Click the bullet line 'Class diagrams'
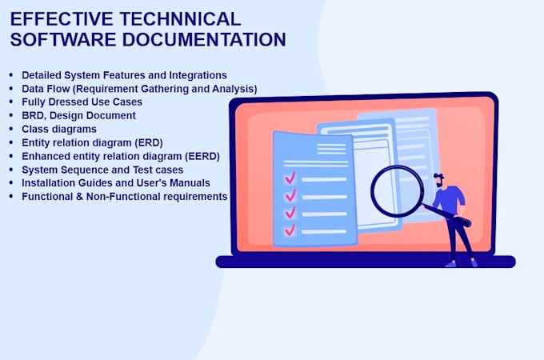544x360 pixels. pyautogui.click(x=59, y=129)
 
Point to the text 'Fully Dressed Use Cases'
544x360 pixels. pyautogui.click(x=82, y=102)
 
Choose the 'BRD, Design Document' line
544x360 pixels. pyautogui.click(x=78, y=115)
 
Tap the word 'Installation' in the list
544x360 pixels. pyautogui.click(x=51, y=182)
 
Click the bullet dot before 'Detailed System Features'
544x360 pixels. pyautogui.click(x=11, y=75)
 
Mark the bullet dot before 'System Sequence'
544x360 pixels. pyautogui.click(x=11, y=170)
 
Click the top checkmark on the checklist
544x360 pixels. pyautogui.click(x=290, y=178)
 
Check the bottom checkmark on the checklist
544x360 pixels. pyautogui.click(x=290, y=230)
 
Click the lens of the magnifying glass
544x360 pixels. pyautogui.click(x=397, y=190)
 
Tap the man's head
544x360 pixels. pyautogui.click(x=439, y=179)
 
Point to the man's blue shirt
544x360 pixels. pyautogui.click(x=450, y=199)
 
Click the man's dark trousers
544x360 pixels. pyautogui.click(x=459, y=236)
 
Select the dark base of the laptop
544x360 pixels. pyautogui.click(x=365, y=262)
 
